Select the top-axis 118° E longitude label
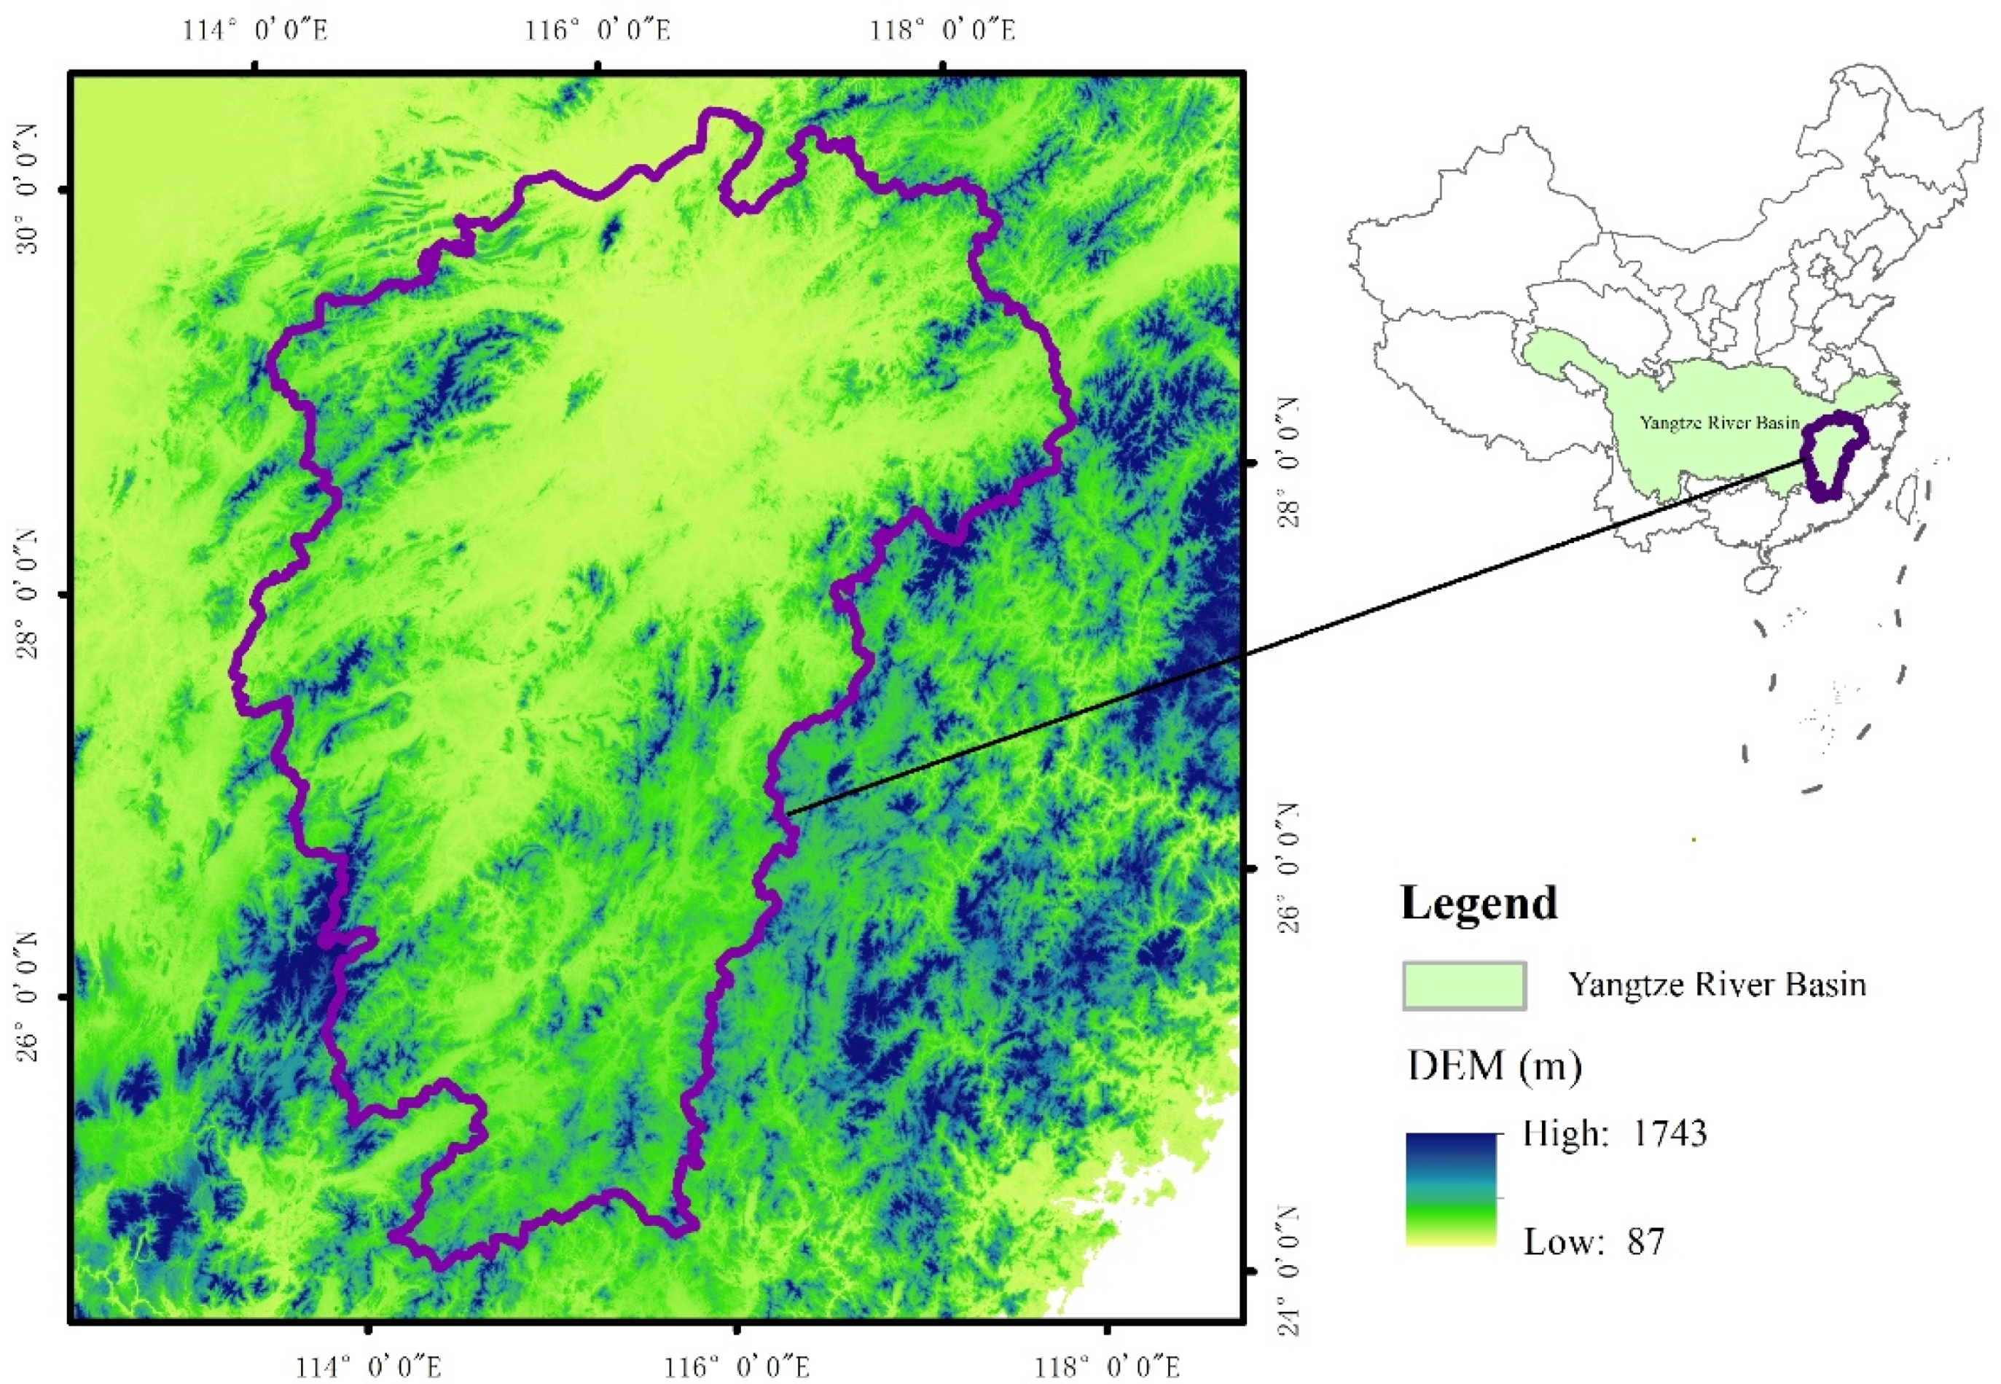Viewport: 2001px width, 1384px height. coord(942,31)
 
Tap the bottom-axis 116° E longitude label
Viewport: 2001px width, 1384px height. coord(737,1367)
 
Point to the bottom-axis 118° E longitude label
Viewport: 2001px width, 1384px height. coord(1106,1367)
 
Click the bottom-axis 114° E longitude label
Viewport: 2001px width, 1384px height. coord(369,1367)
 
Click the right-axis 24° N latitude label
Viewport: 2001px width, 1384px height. coord(1290,1271)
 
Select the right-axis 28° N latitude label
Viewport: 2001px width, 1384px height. coord(1290,462)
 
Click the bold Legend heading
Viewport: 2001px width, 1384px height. coord(1479,903)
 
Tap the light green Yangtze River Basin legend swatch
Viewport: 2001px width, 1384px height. coord(1465,986)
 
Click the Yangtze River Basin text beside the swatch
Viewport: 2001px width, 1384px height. coord(1717,985)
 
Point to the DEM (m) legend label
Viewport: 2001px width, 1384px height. coord(1494,1065)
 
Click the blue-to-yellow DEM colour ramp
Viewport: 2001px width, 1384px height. coord(1452,1189)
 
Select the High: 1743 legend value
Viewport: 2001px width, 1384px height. coord(1614,1133)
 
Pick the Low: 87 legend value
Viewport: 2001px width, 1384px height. coord(1594,1242)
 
